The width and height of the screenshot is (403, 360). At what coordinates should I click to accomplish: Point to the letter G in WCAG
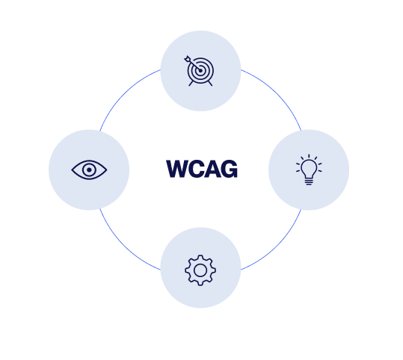point(230,169)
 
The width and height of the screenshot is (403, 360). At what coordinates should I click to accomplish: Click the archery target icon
point(200,71)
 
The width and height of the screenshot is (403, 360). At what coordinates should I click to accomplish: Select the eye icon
point(89,170)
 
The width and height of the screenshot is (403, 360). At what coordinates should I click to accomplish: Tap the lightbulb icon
point(309,170)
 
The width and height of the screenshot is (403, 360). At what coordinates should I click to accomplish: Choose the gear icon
point(200,270)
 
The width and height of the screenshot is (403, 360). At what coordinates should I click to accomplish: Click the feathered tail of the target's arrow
point(187,59)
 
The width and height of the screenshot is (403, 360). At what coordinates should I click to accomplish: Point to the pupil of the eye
point(89,170)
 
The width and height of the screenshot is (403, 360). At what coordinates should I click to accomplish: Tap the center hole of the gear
point(200,270)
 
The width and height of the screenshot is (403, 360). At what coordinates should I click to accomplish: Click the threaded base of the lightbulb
point(309,181)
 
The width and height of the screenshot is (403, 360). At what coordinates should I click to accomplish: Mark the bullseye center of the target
point(200,71)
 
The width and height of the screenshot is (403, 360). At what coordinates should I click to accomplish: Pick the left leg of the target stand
point(191,83)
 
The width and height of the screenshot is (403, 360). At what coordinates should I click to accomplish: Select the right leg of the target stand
point(210,83)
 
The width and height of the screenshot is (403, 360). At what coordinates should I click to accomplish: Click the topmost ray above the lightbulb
point(309,156)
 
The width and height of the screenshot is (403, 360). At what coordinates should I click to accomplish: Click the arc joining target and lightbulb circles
point(277,93)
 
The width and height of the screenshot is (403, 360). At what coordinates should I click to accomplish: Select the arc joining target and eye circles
point(124,93)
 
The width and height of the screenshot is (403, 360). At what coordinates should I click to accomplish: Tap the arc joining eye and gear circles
point(124,246)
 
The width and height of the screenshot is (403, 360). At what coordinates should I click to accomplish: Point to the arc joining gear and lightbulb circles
point(277,246)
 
